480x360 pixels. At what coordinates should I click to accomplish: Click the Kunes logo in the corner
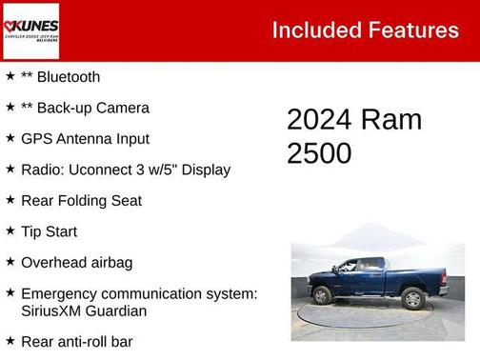coord(31,30)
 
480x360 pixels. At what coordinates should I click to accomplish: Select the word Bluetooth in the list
coord(68,77)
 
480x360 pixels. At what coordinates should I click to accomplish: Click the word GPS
coord(37,139)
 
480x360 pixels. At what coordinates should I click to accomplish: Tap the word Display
coord(201,170)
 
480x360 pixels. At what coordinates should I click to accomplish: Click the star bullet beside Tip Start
coord(9,231)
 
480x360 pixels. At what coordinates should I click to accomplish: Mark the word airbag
coord(110,262)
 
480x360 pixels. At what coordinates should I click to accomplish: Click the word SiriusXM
coord(54,310)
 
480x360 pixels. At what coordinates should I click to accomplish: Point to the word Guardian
coord(119,310)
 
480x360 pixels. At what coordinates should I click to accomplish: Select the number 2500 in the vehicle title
coord(319,153)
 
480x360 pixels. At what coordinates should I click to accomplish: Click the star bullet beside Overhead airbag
coord(9,262)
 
